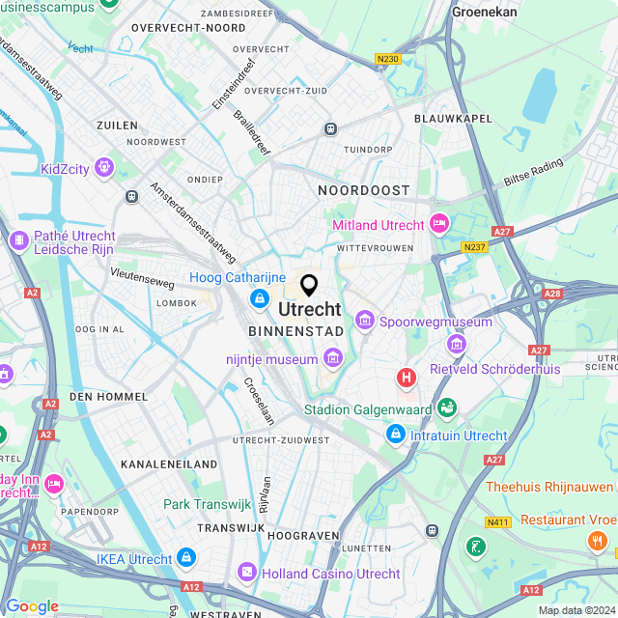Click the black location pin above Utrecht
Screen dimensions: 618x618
pyautogui.click(x=309, y=286)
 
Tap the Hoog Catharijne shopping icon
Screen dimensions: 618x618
pyautogui.click(x=259, y=300)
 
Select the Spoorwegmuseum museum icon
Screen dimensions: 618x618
pyautogui.click(x=365, y=319)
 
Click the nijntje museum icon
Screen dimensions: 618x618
pyautogui.click(x=332, y=360)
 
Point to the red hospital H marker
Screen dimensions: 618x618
pyautogui.click(x=407, y=377)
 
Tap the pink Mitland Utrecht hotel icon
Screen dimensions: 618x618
pyautogui.click(x=439, y=225)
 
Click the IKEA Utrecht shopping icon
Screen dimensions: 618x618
pyautogui.click(x=187, y=558)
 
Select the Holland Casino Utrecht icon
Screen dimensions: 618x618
pyautogui.click(x=248, y=573)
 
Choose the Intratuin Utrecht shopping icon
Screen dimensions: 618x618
pyautogui.click(x=395, y=435)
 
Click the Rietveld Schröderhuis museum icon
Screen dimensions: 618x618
pyautogui.click(x=456, y=344)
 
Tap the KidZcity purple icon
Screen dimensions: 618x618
pyautogui.click(x=104, y=170)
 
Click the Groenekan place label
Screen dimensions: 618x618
pyautogui.click(x=485, y=12)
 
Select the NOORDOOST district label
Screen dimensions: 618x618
pyautogui.click(x=364, y=191)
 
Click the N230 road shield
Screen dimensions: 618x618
pyautogui.click(x=388, y=59)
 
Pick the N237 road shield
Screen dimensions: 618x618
pyautogui.click(x=473, y=248)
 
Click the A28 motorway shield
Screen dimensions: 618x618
pyautogui.click(x=552, y=293)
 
